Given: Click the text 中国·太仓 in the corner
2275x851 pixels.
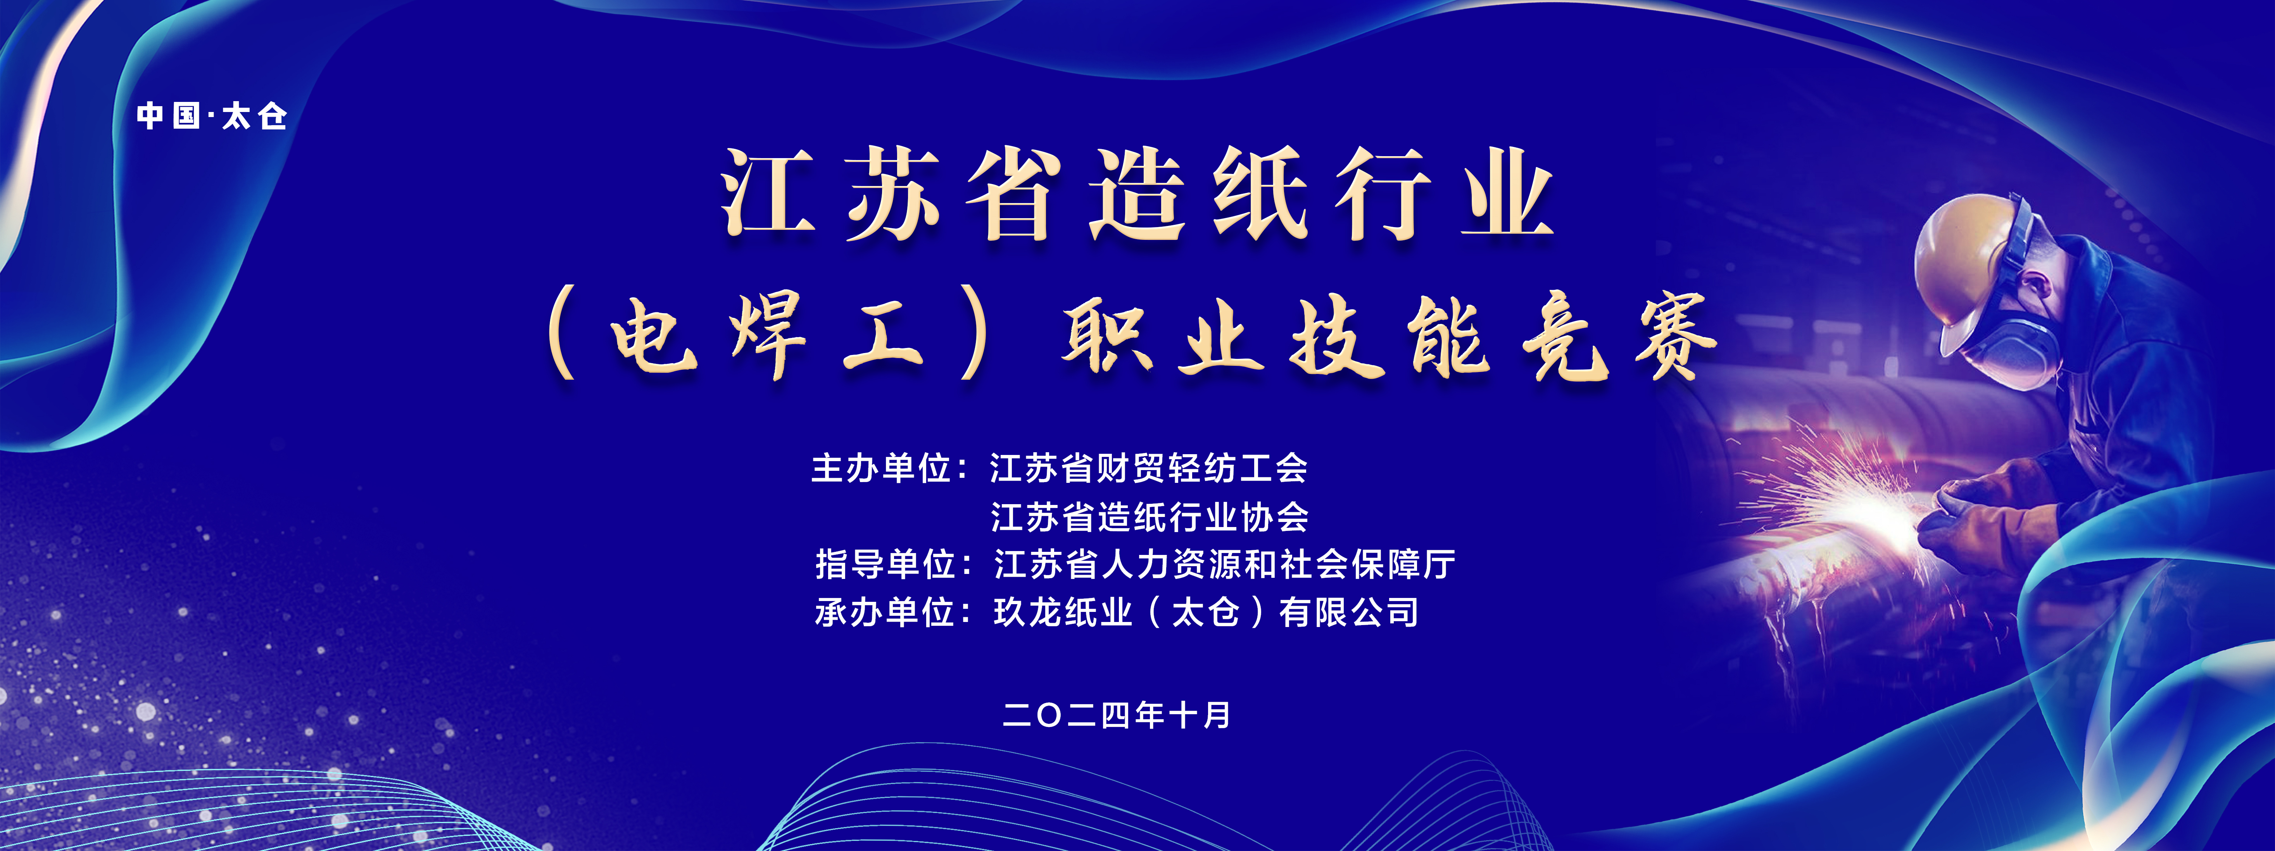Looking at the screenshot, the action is [212, 115].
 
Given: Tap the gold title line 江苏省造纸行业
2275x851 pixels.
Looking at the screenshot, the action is [1137, 194].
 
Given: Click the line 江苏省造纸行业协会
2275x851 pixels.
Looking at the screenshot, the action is [1148, 517].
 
